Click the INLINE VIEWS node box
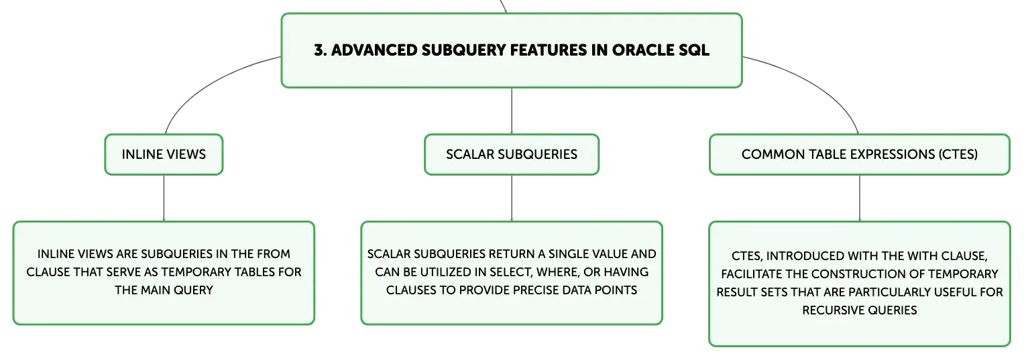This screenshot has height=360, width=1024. tap(164, 154)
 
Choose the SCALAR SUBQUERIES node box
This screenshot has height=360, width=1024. tap(512, 154)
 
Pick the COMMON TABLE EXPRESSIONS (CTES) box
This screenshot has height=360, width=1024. tap(860, 154)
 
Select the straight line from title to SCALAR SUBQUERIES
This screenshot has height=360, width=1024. tap(512, 111)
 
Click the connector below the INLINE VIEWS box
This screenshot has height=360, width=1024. tap(164, 198)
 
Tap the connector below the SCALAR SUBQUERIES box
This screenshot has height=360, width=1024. tap(512, 198)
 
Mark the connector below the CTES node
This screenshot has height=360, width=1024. tap(860, 198)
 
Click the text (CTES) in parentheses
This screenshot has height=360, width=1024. tap(958, 154)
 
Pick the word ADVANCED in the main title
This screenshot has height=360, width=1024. tap(374, 50)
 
